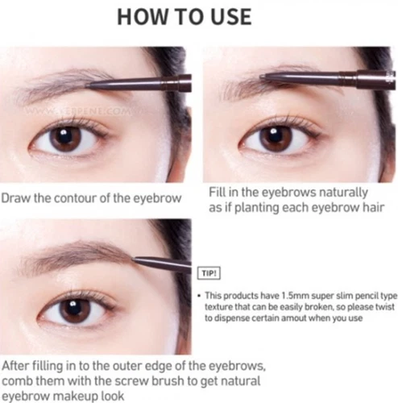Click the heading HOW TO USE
coord(198,18)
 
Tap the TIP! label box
coord(208,273)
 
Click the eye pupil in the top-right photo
coord(274,138)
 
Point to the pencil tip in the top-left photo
coord(88,83)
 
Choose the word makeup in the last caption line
coord(78,394)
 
